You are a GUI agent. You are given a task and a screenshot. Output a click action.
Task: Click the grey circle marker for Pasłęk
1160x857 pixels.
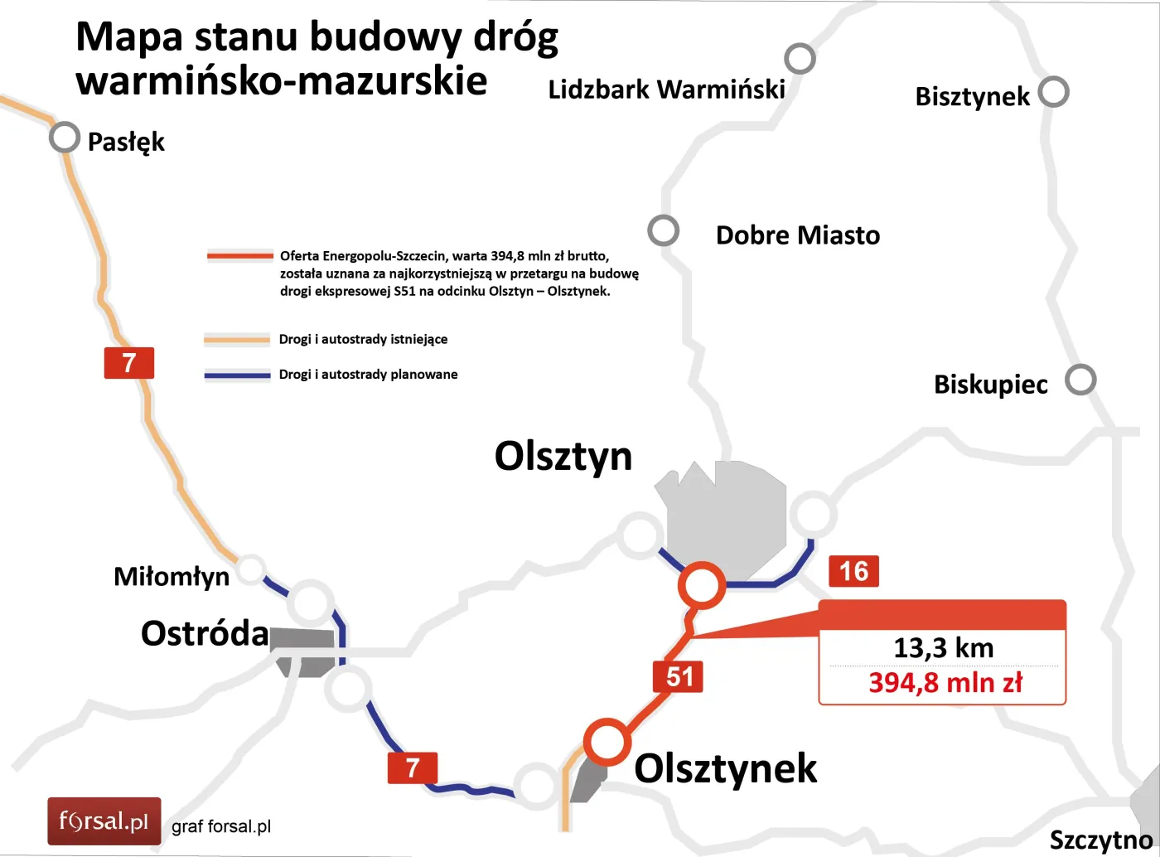click(x=65, y=138)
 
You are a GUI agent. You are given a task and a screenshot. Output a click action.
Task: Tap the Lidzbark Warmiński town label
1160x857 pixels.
click(x=666, y=90)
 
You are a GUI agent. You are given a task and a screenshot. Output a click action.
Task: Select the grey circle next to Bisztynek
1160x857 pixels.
click(x=1053, y=91)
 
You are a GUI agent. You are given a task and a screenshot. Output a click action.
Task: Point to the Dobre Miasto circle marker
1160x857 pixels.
click(x=663, y=230)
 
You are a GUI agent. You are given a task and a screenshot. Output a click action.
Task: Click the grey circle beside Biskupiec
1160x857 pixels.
click(x=1080, y=380)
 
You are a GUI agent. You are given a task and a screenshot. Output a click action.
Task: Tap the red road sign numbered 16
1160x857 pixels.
click(x=853, y=571)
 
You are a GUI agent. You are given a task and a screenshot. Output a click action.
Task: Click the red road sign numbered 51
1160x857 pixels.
click(x=679, y=676)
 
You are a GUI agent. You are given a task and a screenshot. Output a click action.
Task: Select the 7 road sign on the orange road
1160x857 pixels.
click(x=129, y=363)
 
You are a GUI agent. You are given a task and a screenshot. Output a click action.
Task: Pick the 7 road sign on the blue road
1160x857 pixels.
click(x=412, y=767)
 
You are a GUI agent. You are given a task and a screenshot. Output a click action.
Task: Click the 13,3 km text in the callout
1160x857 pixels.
click(x=943, y=647)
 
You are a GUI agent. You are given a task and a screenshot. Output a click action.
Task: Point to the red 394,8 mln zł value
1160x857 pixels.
click(x=945, y=683)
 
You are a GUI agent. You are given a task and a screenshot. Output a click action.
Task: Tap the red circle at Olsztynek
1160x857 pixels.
click(x=607, y=742)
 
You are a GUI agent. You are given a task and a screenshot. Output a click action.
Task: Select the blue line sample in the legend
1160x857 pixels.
click(x=238, y=375)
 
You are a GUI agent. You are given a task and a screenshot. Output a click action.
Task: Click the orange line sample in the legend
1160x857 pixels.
click(x=238, y=340)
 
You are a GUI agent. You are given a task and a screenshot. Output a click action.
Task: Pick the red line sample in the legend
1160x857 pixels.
click(x=240, y=256)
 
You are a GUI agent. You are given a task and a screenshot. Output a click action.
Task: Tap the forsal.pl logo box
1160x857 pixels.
click(x=104, y=821)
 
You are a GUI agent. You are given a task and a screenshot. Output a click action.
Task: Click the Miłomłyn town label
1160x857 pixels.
click(x=172, y=576)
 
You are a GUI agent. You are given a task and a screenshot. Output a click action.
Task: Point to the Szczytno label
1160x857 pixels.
click(x=1100, y=840)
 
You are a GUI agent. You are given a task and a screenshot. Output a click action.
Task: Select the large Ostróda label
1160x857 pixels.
click(x=205, y=633)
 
